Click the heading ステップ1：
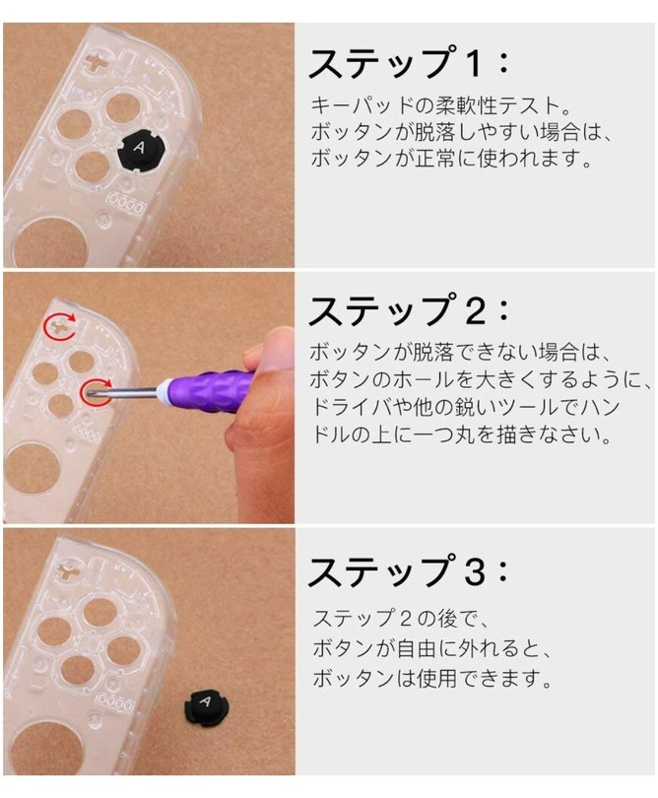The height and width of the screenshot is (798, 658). point(408,63)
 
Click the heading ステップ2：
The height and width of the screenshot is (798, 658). point(408,310)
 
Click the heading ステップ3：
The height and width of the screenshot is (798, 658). point(408,570)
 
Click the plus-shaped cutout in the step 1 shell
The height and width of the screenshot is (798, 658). point(96,62)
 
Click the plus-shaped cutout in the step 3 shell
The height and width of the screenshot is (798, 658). point(66,570)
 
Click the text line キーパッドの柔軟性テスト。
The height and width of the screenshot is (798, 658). point(440,105)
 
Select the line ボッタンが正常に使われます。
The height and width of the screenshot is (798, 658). point(452,159)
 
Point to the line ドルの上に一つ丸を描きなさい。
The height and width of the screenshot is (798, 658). point(461,435)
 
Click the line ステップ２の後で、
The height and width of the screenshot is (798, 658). point(402,619)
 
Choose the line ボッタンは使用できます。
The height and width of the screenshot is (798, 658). point(432,678)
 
